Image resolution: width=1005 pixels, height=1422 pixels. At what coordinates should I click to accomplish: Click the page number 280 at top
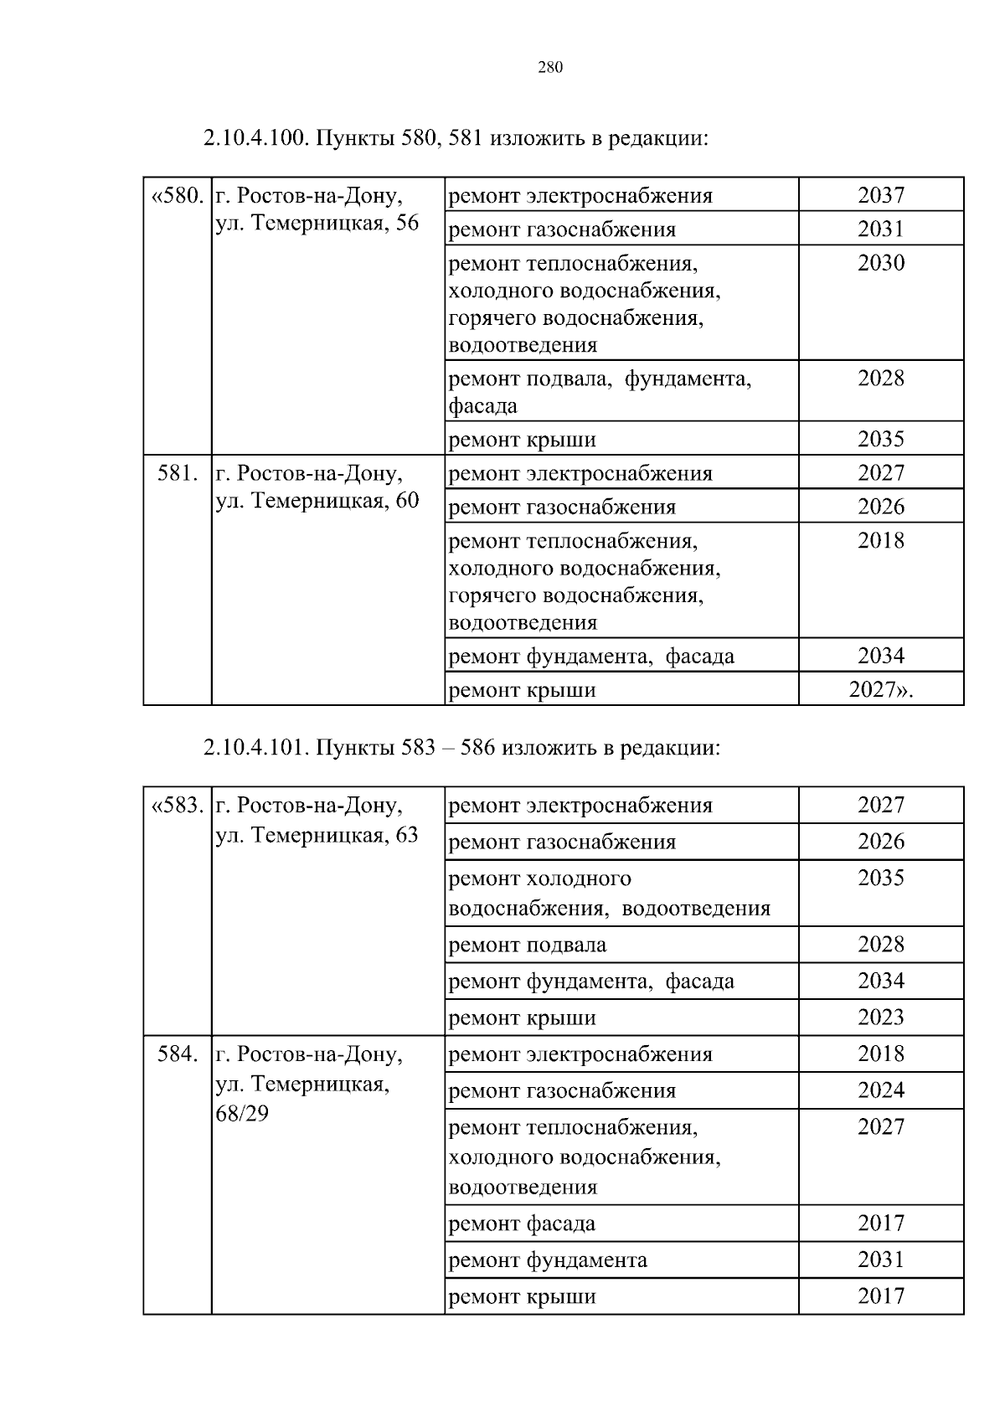click(x=550, y=68)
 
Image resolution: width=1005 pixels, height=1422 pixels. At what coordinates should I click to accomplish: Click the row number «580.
click(x=177, y=196)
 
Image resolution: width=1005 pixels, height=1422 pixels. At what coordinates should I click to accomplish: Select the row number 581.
click(x=178, y=473)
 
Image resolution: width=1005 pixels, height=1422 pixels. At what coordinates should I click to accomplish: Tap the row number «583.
click(x=177, y=806)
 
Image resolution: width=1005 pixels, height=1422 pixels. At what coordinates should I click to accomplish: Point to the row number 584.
click(x=178, y=1054)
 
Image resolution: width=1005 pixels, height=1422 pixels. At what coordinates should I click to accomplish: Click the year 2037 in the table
click(x=881, y=195)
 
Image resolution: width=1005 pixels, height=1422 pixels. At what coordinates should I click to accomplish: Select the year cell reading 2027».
click(x=881, y=690)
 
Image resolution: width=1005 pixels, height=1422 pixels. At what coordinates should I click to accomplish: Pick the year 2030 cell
click(x=881, y=263)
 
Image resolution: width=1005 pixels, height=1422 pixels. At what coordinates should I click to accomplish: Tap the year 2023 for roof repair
click(x=881, y=1018)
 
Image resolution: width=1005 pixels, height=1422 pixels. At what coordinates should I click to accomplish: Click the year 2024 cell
click(x=881, y=1090)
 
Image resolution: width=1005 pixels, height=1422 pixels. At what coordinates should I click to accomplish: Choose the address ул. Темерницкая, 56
click(x=317, y=224)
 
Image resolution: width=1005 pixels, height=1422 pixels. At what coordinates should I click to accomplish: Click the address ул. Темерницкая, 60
click(x=317, y=501)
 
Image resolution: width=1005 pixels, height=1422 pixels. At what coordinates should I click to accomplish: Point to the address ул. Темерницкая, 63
click(x=317, y=835)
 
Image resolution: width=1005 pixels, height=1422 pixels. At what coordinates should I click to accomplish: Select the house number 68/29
click(x=242, y=1115)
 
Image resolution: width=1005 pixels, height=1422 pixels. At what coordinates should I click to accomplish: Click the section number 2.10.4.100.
click(x=256, y=137)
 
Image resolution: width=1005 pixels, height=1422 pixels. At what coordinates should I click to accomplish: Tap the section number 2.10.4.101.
click(x=256, y=747)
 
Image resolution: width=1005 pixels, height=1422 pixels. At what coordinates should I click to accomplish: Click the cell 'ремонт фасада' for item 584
click(x=523, y=1224)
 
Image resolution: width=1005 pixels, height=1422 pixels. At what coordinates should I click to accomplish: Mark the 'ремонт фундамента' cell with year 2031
click(x=548, y=1260)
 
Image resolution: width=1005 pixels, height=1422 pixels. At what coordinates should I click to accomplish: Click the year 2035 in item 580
click(x=881, y=439)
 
